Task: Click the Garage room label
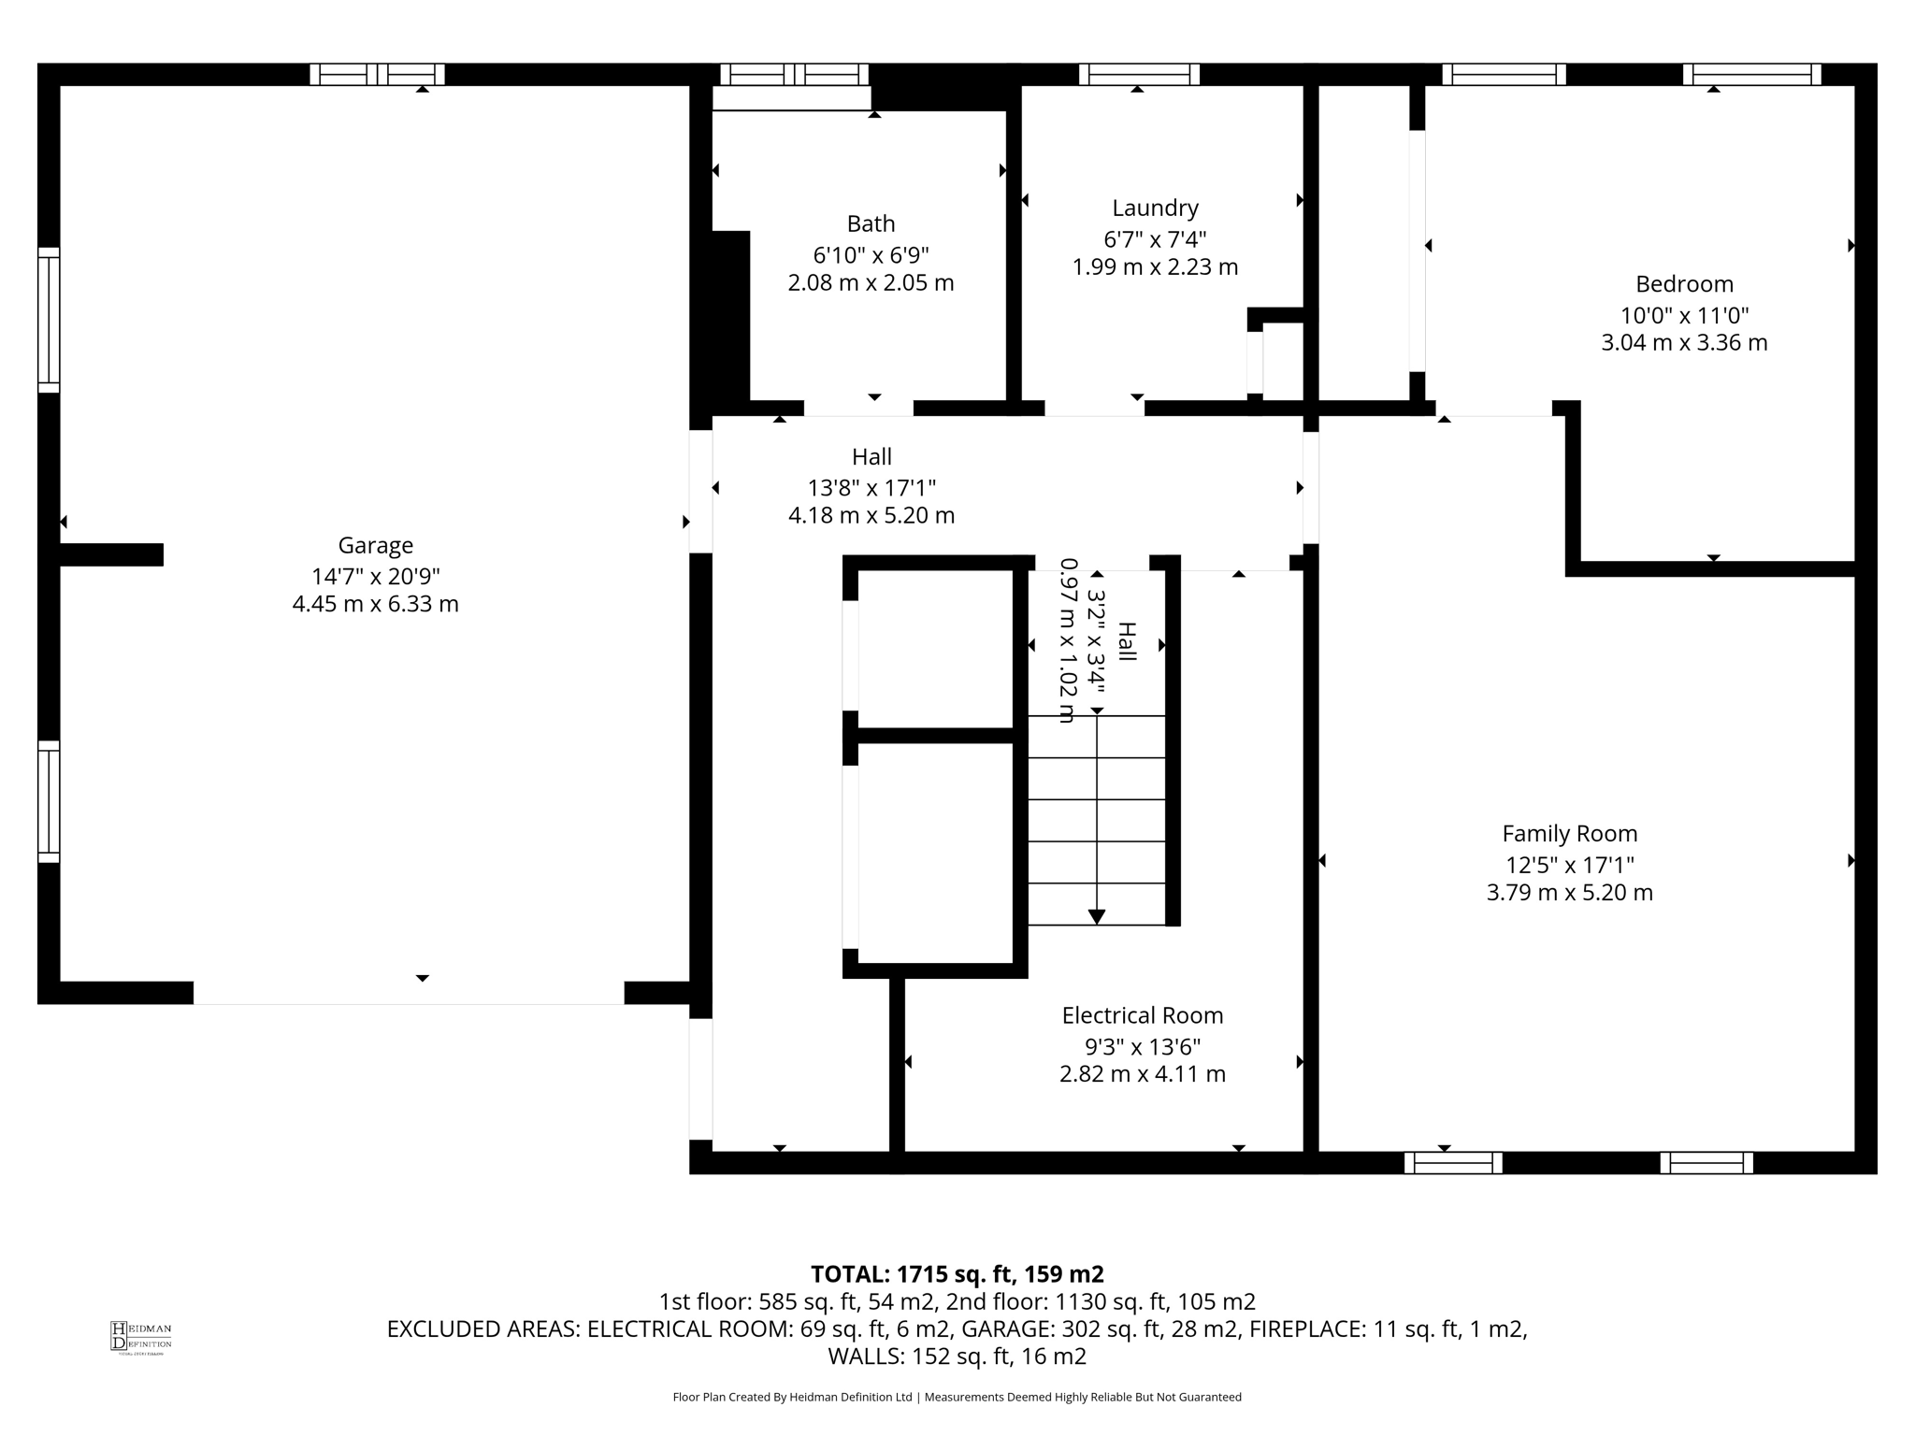(x=375, y=545)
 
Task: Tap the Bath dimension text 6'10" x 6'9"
(x=871, y=254)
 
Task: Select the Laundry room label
(x=1155, y=208)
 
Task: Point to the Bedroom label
(x=1684, y=284)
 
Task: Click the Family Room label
(x=1569, y=833)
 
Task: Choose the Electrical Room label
(x=1142, y=1014)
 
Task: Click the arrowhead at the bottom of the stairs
(x=1097, y=917)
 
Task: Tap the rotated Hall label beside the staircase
(x=1127, y=642)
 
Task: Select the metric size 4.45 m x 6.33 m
(x=375, y=604)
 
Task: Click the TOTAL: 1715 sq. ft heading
(x=957, y=1274)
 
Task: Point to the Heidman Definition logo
(x=140, y=1337)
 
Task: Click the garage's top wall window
(x=377, y=75)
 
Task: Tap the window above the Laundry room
(x=1139, y=75)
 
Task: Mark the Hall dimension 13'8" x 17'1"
(x=871, y=487)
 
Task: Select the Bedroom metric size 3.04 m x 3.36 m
(x=1684, y=343)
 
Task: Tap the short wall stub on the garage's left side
(x=111, y=554)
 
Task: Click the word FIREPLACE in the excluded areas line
(x=1305, y=1329)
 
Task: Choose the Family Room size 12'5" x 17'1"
(x=1569, y=865)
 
